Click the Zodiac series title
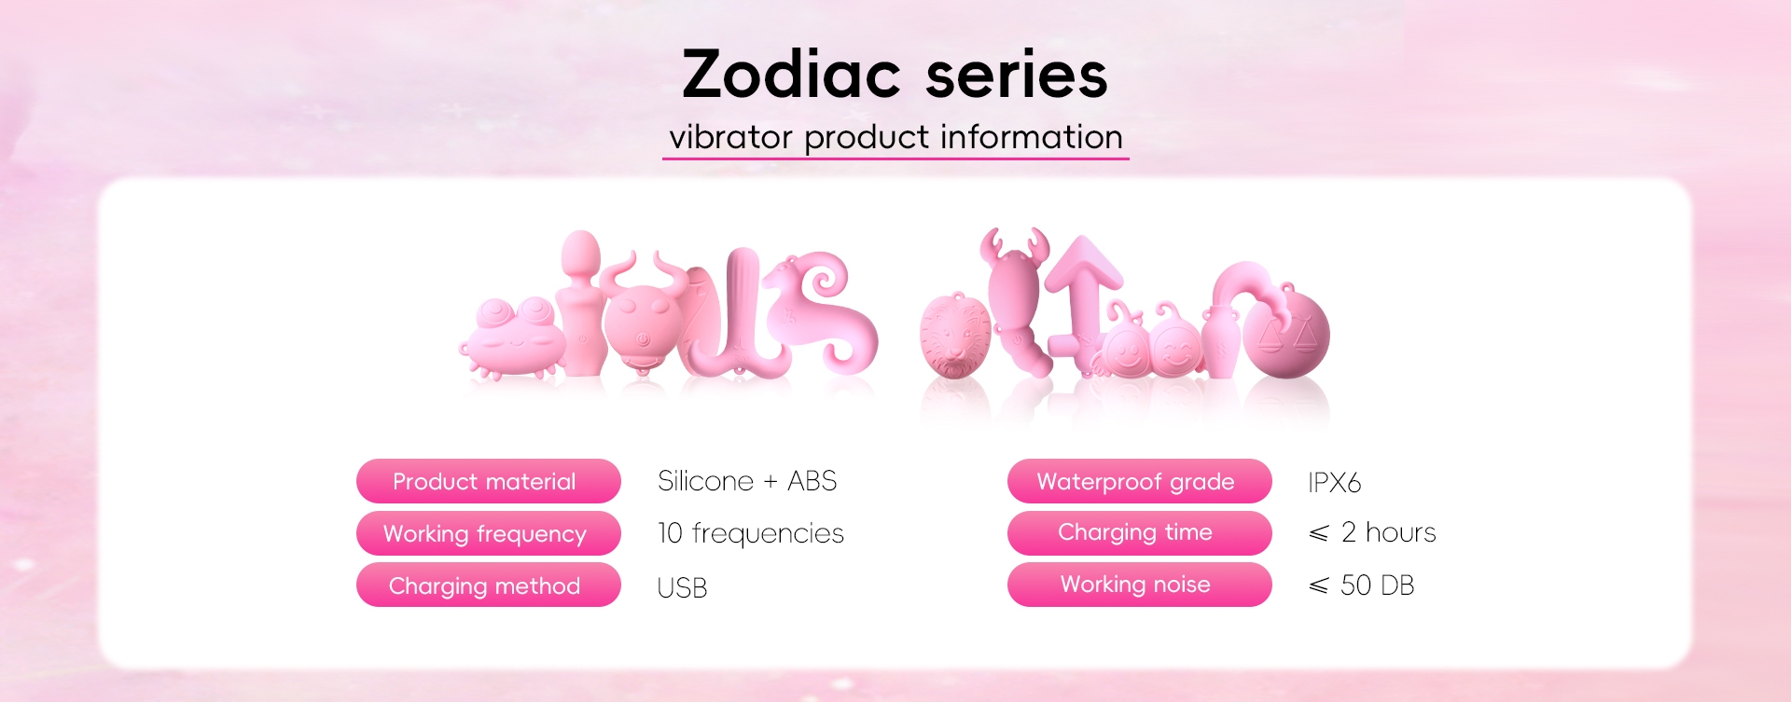[x=895, y=75]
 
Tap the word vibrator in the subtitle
[x=730, y=137]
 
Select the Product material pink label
[x=488, y=481]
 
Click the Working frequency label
[x=488, y=533]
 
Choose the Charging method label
[x=488, y=585]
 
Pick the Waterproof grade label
[x=1139, y=481]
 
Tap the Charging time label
[x=1139, y=533]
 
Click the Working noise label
[x=1139, y=585]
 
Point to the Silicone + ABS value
[x=747, y=481]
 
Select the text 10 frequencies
[x=751, y=533]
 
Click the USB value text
[x=683, y=588]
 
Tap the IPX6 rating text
[x=1335, y=483]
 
